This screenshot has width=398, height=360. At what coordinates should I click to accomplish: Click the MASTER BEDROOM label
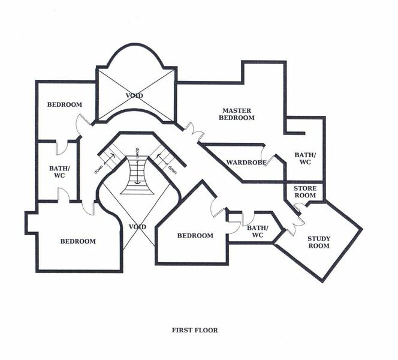[237, 114]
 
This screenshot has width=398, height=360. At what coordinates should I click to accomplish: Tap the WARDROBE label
[246, 163]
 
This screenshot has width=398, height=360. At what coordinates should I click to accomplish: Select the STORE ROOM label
[305, 192]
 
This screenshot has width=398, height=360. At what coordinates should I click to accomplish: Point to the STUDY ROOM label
[319, 242]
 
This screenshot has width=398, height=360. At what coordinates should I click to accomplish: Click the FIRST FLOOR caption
[195, 330]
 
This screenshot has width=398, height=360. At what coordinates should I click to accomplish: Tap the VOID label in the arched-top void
[134, 95]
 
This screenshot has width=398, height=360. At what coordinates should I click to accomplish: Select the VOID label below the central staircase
[137, 227]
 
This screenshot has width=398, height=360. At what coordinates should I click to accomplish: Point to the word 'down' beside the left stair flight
[98, 169]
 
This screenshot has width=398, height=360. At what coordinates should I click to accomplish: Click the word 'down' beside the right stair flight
[172, 170]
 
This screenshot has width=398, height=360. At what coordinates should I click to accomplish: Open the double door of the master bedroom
[194, 132]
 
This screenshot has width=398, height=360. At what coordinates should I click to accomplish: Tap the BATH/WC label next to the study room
[257, 232]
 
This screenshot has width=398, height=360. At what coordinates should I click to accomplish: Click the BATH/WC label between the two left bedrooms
[59, 172]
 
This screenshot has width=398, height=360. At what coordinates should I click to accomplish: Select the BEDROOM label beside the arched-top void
[65, 104]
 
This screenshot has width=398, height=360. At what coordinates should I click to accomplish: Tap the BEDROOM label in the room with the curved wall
[78, 241]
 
